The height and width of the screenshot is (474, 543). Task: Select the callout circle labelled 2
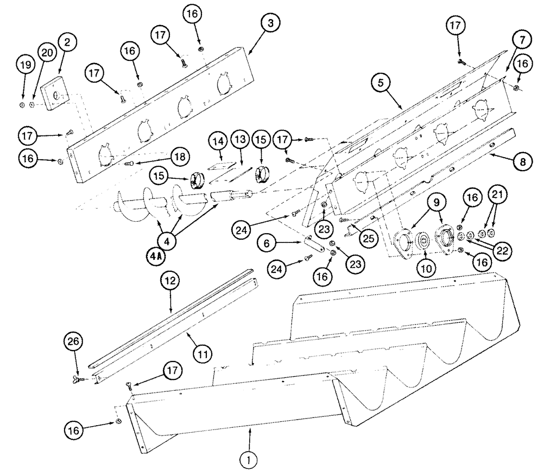69,41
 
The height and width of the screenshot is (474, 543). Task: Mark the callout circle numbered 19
24,65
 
